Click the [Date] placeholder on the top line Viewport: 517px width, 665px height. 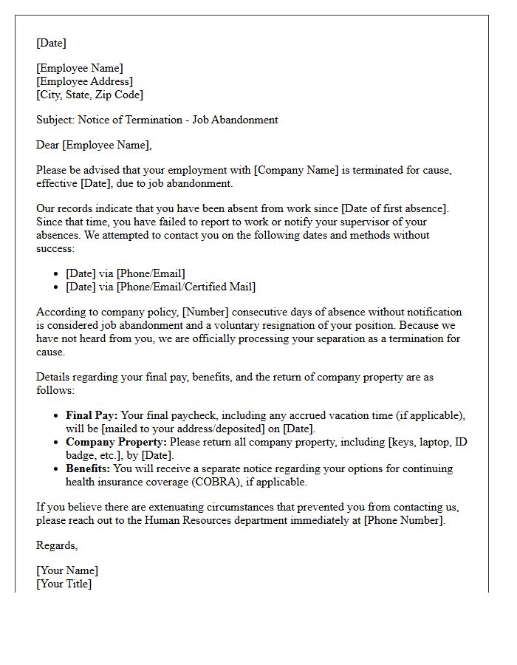(51, 43)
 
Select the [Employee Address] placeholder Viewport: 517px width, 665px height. (85, 81)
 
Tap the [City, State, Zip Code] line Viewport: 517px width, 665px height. (90, 95)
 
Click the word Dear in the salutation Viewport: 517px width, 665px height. (48, 145)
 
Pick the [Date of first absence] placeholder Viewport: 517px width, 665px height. (394, 208)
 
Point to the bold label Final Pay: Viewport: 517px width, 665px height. (92, 415)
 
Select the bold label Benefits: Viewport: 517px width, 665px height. (89, 468)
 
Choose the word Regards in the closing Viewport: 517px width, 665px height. (56, 545)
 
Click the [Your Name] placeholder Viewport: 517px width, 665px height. (67, 570)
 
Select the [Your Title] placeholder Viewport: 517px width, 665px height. (64, 584)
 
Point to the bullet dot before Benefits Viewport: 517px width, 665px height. (57, 468)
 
